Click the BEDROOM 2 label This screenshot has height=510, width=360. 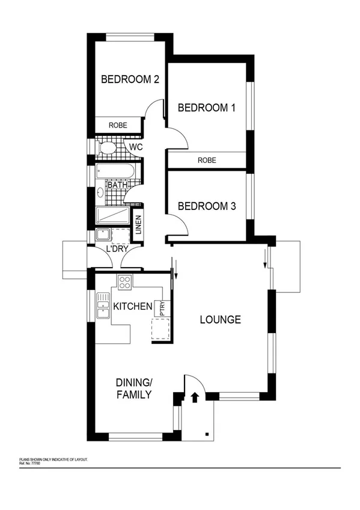[x=129, y=79]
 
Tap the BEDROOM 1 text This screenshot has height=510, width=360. [x=206, y=108]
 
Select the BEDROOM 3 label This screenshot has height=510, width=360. [x=206, y=206]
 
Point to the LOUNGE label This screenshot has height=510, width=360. [x=220, y=319]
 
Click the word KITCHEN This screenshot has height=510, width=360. [x=133, y=307]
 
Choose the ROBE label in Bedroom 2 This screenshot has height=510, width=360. [x=117, y=125]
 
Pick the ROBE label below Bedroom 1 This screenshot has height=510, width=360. [x=206, y=161]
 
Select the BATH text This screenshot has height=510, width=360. [x=118, y=185]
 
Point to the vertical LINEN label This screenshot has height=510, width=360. [x=138, y=226]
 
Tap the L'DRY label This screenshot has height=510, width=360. [x=118, y=249]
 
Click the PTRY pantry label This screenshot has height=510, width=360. [x=161, y=308]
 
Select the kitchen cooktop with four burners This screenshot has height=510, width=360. [x=125, y=281]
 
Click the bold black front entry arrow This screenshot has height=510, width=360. [x=194, y=397]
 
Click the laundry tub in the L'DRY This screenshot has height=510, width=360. [x=102, y=235]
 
